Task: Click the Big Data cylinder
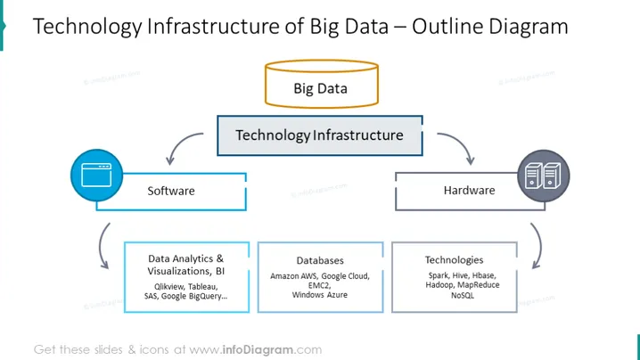[x=322, y=84]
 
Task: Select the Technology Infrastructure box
[x=320, y=135]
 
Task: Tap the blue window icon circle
[x=97, y=176]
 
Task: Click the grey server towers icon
[x=543, y=176]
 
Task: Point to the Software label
[x=171, y=191]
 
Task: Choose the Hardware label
[x=469, y=190]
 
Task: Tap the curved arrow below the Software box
[x=101, y=246]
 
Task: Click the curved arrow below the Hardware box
[x=539, y=246]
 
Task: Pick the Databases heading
[x=320, y=260]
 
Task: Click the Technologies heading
[x=454, y=260]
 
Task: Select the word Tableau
[x=202, y=287]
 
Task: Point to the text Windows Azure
[x=320, y=295]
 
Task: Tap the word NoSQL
[x=463, y=295]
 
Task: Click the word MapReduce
[x=479, y=285]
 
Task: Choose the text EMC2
[x=319, y=285]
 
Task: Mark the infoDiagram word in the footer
[x=258, y=350]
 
